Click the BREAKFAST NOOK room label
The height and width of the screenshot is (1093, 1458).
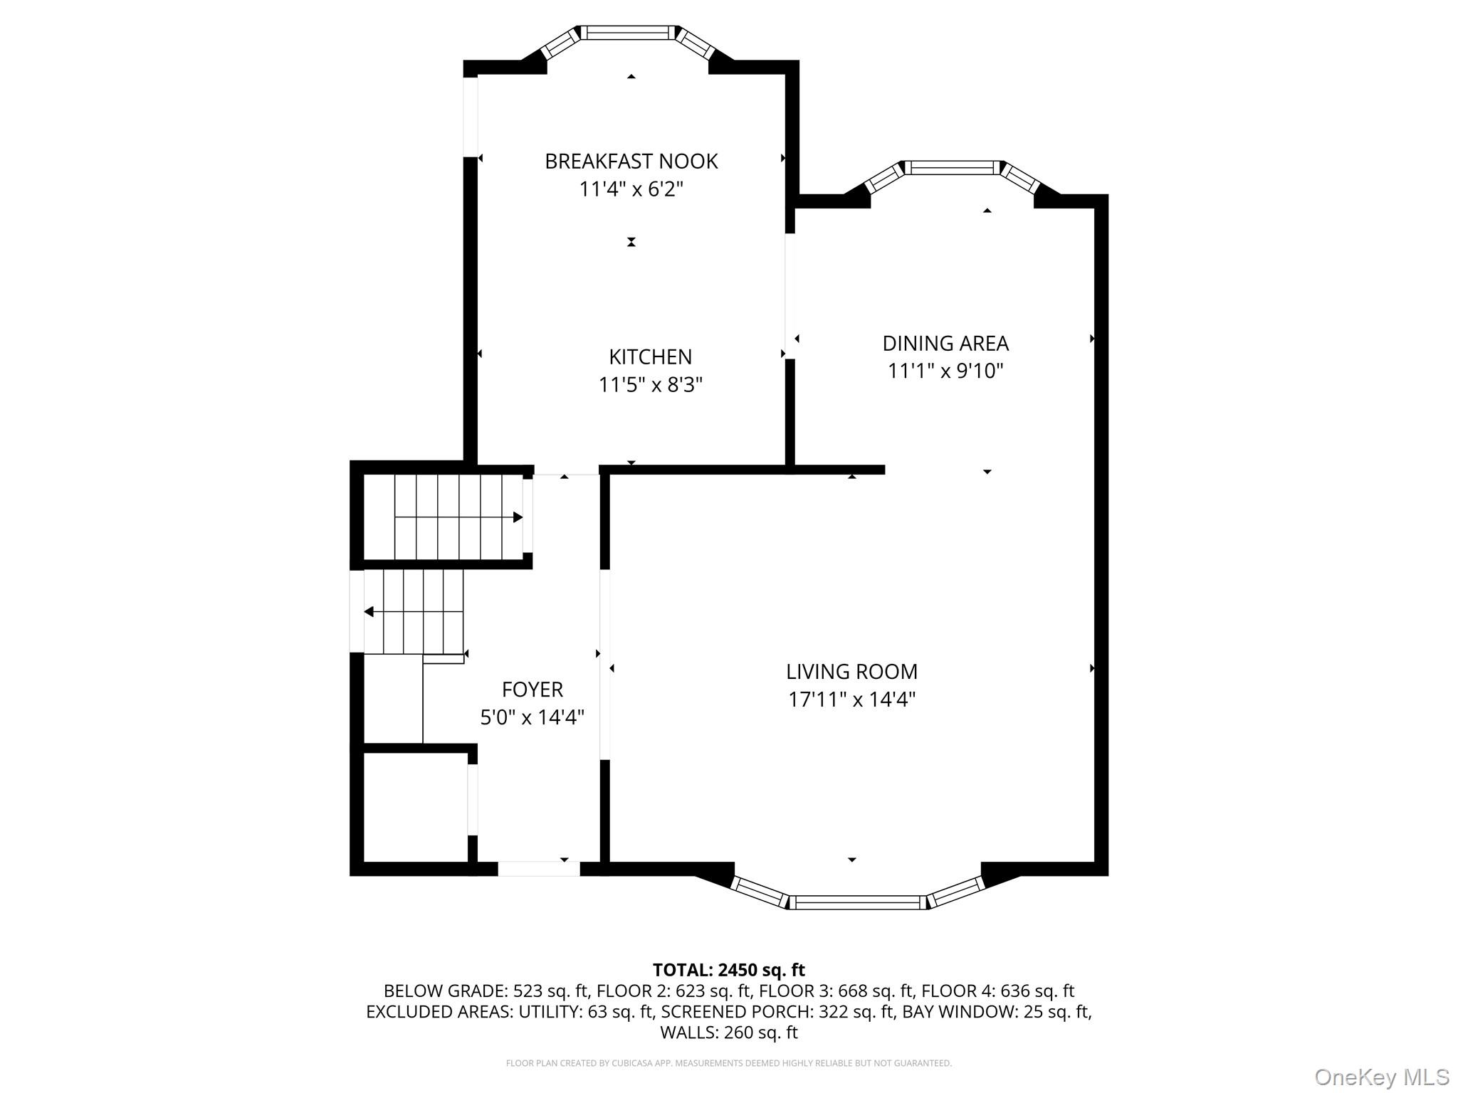631,162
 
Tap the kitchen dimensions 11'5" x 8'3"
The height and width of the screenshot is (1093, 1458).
650,385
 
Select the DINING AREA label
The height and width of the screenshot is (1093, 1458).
945,344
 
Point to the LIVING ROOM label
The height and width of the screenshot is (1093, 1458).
851,672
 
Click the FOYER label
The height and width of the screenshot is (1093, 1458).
532,690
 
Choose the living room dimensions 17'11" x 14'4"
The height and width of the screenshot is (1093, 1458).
851,699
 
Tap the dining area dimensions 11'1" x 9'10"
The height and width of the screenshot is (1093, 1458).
945,371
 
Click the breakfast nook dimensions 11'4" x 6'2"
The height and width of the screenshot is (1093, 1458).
631,189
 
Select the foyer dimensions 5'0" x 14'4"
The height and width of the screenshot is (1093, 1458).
532,717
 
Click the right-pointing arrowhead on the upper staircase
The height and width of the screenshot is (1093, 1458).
518,517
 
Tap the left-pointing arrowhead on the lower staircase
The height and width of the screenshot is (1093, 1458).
369,612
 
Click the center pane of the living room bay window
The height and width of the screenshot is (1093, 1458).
857,902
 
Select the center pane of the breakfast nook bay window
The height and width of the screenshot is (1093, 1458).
629,33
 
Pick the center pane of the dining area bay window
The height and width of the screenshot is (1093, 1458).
952,168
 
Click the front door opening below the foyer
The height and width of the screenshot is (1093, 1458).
538,868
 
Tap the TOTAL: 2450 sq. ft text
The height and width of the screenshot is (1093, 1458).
728,970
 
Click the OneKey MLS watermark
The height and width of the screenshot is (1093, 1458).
1381,1077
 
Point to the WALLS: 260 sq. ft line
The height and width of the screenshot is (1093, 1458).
728,1033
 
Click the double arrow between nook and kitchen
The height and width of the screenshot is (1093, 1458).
631,242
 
